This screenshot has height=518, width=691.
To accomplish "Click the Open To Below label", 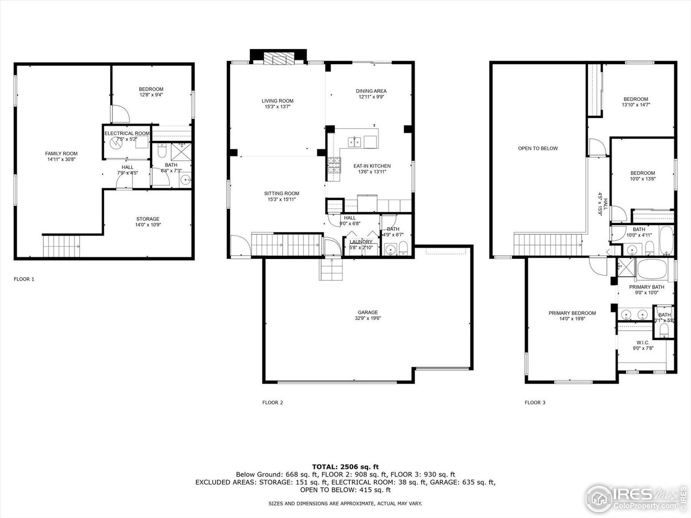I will (x=538, y=148).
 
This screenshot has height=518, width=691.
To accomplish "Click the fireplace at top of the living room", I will (x=279, y=58).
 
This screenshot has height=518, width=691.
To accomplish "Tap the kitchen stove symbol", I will (x=334, y=167).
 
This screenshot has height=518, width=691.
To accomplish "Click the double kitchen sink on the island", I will (x=355, y=142).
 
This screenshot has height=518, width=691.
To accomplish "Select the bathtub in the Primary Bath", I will (x=654, y=269).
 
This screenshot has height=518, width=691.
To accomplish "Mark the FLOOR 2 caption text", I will (x=273, y=403).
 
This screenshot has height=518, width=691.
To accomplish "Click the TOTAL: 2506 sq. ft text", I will (x=345, y=466).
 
